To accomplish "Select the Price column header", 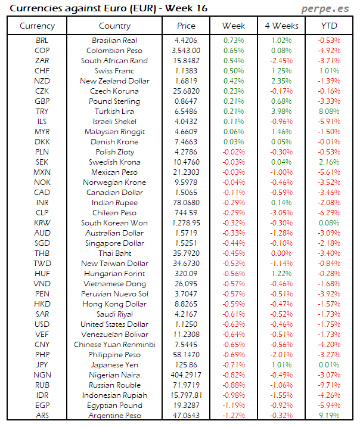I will (186, 26).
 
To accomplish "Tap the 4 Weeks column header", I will (281, 26).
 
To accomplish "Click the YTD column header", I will (329, 26).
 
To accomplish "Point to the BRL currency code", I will (42, 41).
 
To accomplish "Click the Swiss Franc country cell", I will (114, 71).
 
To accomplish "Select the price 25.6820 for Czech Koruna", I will (186, 91).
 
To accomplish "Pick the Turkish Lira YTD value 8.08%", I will (329, 112).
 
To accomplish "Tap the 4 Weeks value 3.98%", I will (281, 112).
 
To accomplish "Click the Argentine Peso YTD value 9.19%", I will (329, 416).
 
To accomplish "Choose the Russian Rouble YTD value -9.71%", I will (329, 385).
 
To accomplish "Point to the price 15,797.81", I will (186, 395).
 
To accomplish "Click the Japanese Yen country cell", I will (114, 365).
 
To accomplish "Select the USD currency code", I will (42, 324).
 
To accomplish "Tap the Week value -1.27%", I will (234, 416).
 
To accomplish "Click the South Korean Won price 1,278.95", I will (186, 223).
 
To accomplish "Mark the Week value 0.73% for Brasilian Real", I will (234, 41).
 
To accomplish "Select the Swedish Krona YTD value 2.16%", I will (329, 162).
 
